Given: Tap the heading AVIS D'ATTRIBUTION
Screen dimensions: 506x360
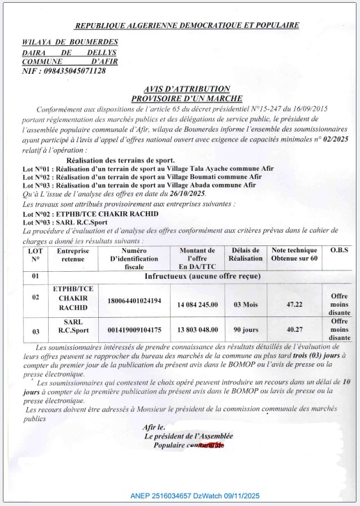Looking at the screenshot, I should point(186,89).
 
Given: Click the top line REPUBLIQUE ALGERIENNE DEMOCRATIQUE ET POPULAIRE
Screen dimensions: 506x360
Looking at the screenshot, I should point(187,25).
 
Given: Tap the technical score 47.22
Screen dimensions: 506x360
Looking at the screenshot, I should point(294,304).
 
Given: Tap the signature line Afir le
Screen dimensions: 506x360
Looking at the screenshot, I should point(155,426).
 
